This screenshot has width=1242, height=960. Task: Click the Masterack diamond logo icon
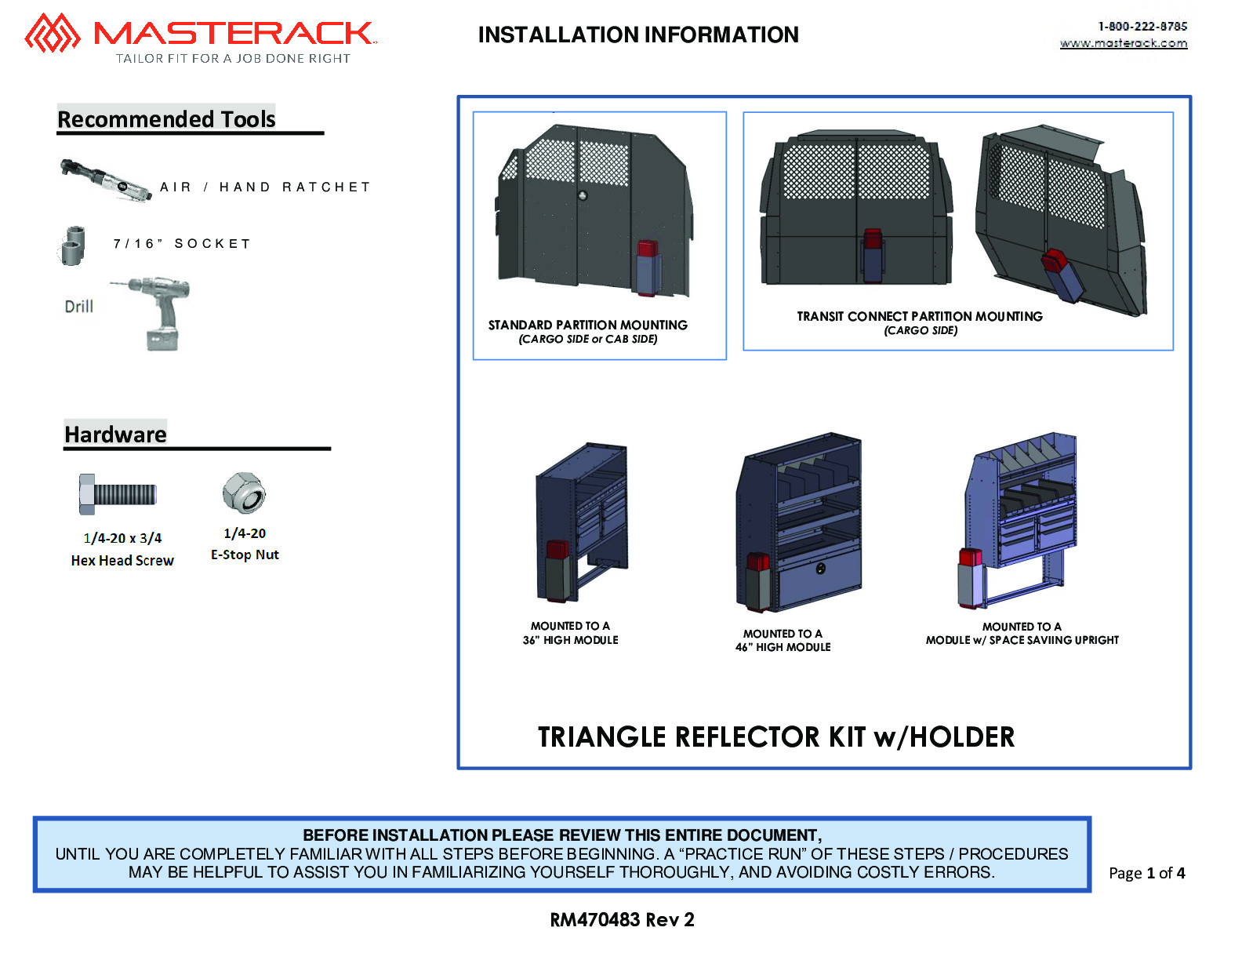point(53,33)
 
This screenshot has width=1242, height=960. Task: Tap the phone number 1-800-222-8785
point(1142,27)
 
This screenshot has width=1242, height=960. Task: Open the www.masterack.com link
point(1123,43)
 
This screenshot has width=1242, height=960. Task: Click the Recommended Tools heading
point(166,119)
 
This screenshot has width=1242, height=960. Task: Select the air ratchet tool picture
point(107,180)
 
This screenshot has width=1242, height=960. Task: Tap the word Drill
point(79,307)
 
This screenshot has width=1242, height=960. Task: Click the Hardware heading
point(115,435)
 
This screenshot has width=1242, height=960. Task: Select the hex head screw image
point(118,494)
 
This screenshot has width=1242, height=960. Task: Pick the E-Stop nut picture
point(244,493)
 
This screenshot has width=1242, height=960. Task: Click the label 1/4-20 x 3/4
point(122,538)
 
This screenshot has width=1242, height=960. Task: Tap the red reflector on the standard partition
point(648,249)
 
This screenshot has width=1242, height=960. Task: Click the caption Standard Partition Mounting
point(587,325)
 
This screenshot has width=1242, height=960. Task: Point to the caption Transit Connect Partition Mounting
point(920,316)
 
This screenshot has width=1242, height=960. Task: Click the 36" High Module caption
point(570,640)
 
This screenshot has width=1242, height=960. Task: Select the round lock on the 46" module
point(820,569)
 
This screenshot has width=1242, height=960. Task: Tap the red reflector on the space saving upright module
point(970,558)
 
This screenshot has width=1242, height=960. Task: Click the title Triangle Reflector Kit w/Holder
point(776,736)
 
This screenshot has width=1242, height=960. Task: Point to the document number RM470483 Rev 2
point(622,919)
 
